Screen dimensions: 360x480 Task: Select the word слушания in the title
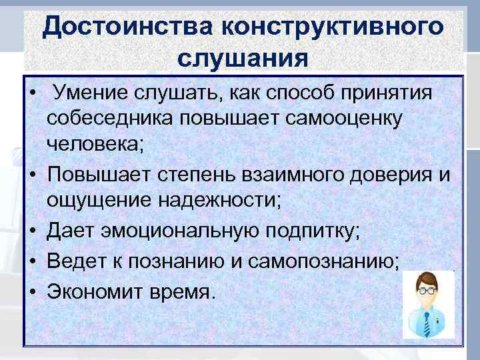[x=243, y=58]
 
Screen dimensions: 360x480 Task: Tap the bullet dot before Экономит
[x=32, y=291]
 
